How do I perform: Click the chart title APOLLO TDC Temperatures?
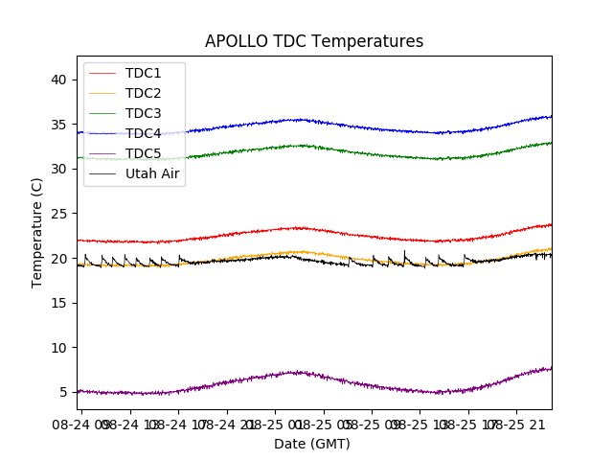point(314,41)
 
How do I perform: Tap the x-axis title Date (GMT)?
point(312,444)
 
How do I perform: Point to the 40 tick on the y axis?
point(59,80)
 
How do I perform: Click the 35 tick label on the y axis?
point(59,125)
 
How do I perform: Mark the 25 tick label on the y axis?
point(59,214)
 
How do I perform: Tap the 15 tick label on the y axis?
point(59,303)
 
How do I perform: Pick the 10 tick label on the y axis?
point(59,348)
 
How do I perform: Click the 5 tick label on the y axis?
point(63,392)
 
